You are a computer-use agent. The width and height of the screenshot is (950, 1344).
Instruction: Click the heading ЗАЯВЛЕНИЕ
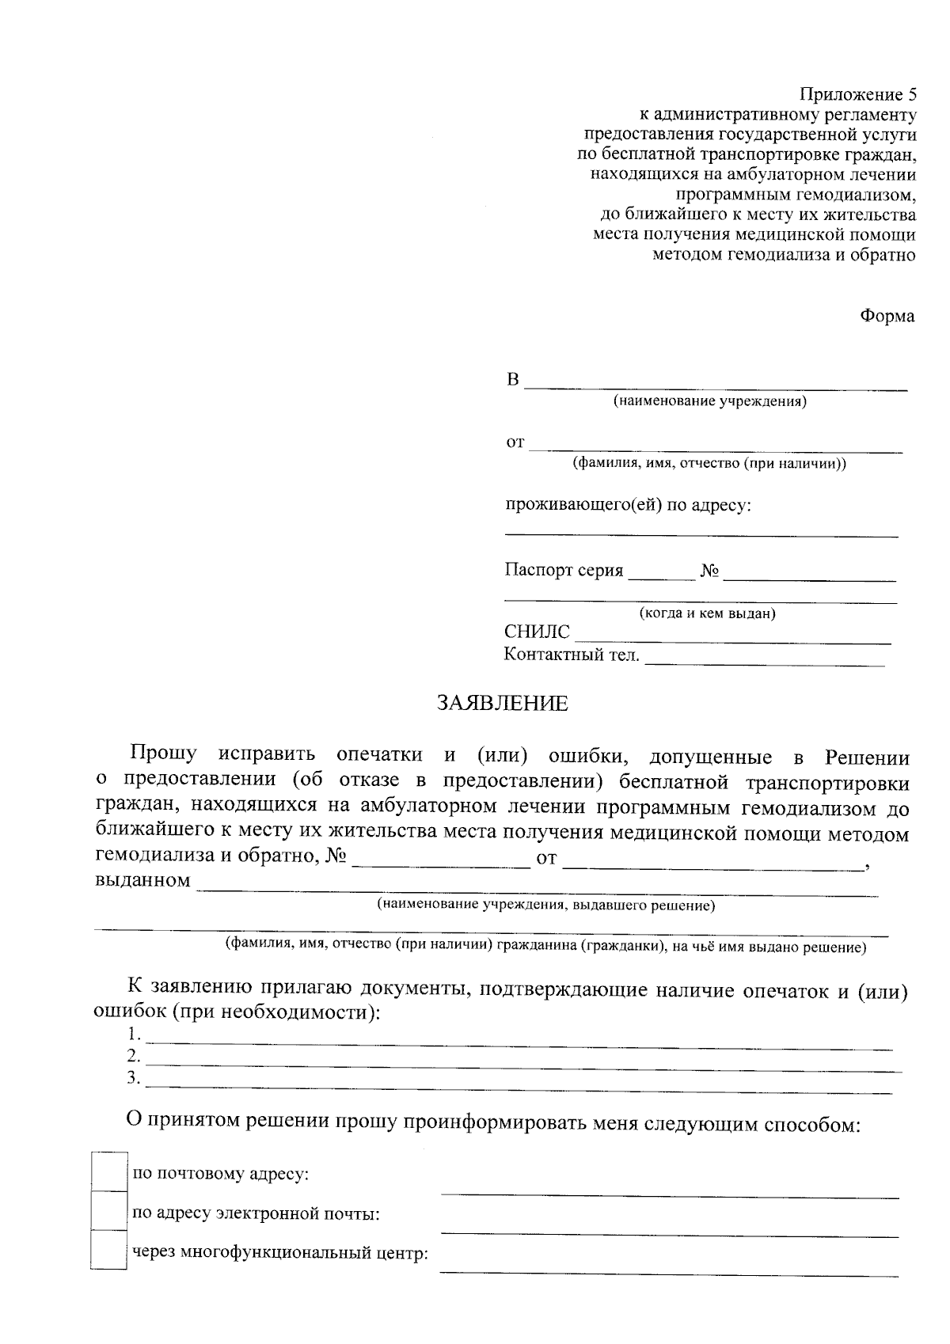pyautogui.click(x=503, y=704)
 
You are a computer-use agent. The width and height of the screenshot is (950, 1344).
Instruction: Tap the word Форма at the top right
pyautogui.click(x=887, y=317)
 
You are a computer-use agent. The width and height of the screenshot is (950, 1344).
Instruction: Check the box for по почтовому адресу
pyautogui.click(x=108, y=1172)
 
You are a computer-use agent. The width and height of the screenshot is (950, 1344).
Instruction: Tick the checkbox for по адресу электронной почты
pyautogui.click(x=108, y=1211)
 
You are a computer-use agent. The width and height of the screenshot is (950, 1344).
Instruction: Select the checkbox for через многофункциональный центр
pyautogui.click(x=108, y=1250)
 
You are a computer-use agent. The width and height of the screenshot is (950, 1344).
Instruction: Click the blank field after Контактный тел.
pyautogui.click(x=764, y=660)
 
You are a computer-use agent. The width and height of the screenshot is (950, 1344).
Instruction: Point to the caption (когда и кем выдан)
pyautogui.click(x=707, y=613)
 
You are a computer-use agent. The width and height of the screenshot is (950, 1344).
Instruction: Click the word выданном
pyautogui.click(x=142, y=880)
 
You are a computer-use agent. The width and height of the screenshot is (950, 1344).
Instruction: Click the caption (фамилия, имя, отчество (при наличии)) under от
pyautogui.click(x=709, y=464)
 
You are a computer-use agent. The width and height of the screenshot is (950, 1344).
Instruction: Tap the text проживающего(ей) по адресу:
pyautogui.click(x=628, y=505)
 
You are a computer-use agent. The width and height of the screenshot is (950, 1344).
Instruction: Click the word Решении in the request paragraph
pyautogui.click(x=867, y=757)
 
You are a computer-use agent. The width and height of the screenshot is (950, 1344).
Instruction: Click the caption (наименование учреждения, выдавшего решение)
pyautogui.click(x=546, y=905)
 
